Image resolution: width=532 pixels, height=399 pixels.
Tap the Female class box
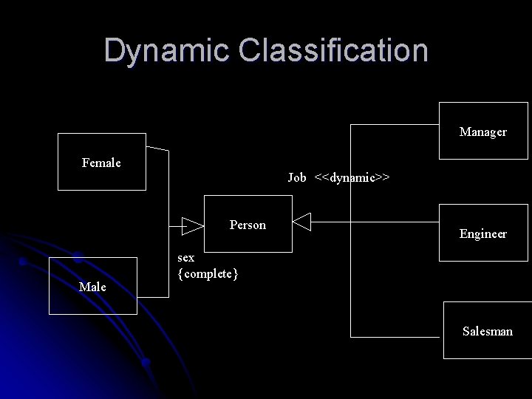coord(102,162)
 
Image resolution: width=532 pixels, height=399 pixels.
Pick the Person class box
coord(248,224)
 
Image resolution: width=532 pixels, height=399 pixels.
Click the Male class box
coord(93,286)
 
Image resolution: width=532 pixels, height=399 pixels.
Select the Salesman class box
coord(488,330)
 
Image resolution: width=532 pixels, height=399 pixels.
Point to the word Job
coord(297,177)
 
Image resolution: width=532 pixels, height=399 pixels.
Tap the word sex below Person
coord(186,258)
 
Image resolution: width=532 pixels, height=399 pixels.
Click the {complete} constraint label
coord(208,274)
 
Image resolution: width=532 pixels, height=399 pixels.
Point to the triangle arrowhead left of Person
coord(192,224)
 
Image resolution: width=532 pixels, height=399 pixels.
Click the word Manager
coord(482,132)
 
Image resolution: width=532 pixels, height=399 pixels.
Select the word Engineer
coord(483,234)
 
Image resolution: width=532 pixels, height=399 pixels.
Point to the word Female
coord(101,162)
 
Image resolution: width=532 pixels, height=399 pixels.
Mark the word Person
coord(248,225)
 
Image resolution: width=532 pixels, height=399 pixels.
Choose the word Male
coord(92,287)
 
